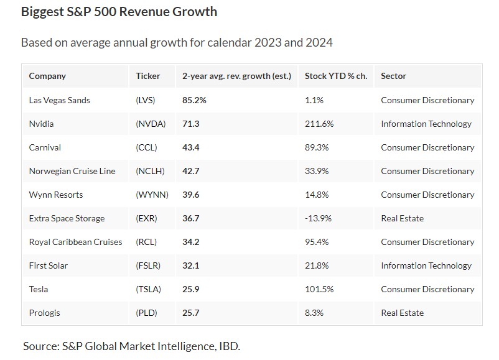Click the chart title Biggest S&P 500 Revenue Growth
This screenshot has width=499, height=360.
119,12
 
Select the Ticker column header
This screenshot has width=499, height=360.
148,76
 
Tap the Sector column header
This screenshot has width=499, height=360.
393,76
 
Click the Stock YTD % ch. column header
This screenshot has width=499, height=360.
336,76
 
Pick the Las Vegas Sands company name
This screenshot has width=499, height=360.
59,100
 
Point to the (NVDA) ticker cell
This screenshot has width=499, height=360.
151,124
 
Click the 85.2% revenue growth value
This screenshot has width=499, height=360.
194,100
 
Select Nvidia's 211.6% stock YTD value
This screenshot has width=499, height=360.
319,124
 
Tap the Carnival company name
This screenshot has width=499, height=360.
45,147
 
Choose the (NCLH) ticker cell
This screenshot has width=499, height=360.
151,171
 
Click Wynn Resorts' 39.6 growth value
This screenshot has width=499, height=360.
191,195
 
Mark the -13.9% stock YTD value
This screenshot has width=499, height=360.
319,218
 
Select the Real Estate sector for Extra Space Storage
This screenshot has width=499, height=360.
402,218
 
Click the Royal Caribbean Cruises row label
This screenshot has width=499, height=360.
75,242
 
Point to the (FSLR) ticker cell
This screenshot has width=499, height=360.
148,265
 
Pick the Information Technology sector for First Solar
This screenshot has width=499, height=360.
426,265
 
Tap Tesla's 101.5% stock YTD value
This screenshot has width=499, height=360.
319,289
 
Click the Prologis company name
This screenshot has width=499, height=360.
45,313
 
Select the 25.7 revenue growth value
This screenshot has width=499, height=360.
191,313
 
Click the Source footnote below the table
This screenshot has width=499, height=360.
131,346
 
